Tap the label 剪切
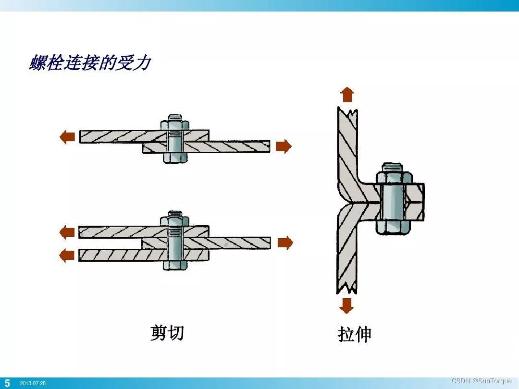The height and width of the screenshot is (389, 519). click(167, 332)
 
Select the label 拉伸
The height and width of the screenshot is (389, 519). click(355, 335)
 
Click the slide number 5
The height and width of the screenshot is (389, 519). click(7, 383)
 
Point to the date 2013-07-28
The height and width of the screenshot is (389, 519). click(33, 384)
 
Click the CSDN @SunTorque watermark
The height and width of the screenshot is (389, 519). click(482, 381)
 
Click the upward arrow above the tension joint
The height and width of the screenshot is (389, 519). click(346, 95)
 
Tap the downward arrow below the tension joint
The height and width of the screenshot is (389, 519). click(346, 305)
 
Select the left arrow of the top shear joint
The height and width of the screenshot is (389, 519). click(66, 137)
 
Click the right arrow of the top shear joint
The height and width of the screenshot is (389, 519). click(284, 146)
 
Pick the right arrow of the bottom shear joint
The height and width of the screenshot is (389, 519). click(285, 243)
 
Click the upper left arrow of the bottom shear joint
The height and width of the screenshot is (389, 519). click(66, 232)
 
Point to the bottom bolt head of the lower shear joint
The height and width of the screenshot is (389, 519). click(175, 264)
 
